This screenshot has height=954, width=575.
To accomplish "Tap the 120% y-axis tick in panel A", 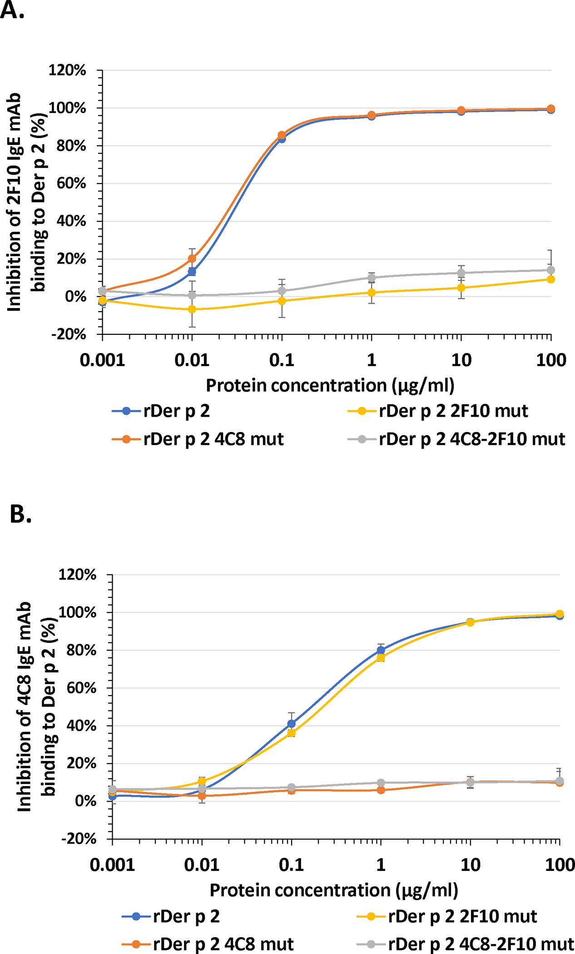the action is [x=67, y=70].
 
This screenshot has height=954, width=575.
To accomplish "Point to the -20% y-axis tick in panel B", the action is [x=79, y=838].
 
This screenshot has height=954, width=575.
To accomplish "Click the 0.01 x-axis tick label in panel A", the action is [x=192, y=360].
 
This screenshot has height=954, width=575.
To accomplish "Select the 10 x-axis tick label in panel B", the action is [x=470, y=865].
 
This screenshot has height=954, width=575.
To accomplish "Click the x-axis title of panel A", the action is [x=330, y=386].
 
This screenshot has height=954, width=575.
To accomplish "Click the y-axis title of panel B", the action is [x=36, y=706].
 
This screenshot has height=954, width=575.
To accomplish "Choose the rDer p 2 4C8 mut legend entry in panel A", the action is [x=198, y=439].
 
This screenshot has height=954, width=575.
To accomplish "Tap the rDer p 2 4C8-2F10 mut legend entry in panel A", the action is [x=456, y=439].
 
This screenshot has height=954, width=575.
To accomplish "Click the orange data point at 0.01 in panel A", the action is [x=192, y=258].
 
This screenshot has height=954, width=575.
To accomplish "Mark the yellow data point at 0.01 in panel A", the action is [x=192, y=309].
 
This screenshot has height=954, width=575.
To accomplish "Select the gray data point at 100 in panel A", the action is [x=551, y=270].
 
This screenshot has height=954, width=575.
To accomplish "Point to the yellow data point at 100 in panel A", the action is [x=551, y=279].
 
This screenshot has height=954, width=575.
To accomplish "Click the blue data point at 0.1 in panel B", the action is [x=292, y=724].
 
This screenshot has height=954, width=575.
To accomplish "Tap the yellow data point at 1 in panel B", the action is [x=381, y=658].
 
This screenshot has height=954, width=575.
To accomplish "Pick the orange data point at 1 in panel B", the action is [x=381, y=790].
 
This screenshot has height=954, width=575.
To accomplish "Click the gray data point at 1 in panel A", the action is [x=372, y=278].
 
